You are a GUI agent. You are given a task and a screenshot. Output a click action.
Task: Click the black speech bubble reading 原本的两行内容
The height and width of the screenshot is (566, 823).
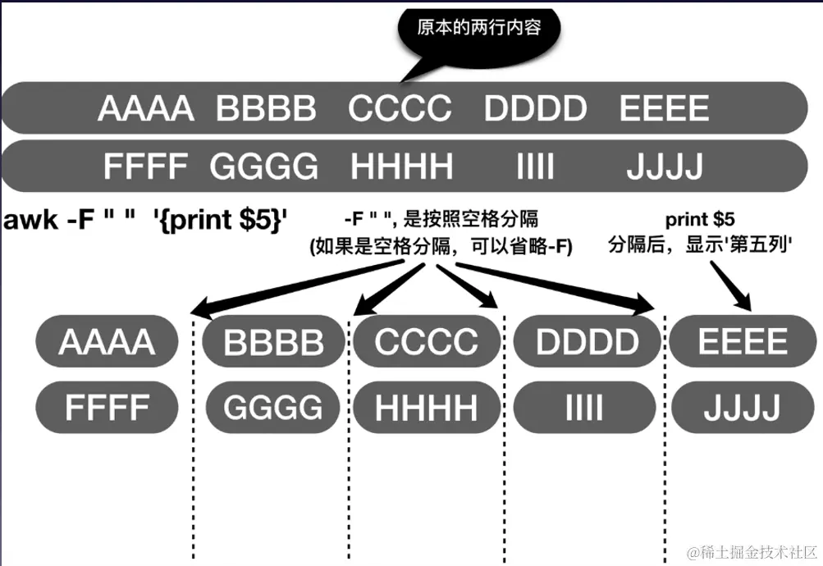point(479,30)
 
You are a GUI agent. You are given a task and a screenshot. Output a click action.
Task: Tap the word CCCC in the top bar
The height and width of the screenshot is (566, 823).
point(400,108)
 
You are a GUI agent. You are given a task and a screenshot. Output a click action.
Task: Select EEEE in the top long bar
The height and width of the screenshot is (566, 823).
point(664,108)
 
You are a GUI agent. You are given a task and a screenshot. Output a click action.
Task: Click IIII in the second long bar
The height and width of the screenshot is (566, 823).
point(535,167)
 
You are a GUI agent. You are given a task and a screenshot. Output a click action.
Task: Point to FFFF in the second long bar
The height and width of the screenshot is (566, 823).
point(145,167)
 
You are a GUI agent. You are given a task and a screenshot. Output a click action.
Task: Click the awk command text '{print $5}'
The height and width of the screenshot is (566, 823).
point(221,220)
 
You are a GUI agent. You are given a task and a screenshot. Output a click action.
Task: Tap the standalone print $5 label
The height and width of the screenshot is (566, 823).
point(700,219)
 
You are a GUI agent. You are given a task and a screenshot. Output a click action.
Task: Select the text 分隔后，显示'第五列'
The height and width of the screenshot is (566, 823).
point(700,244)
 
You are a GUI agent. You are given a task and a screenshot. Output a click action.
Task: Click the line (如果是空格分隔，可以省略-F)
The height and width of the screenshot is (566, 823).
point(441,246)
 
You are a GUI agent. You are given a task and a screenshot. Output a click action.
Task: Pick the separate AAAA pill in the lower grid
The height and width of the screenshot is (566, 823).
point(107,341)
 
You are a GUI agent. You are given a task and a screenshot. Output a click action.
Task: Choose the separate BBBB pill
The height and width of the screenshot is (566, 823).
point(273,341)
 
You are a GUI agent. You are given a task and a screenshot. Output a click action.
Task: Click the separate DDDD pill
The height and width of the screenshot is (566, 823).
point(587,341)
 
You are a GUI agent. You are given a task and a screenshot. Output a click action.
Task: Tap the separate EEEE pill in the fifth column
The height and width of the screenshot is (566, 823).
point(743,341)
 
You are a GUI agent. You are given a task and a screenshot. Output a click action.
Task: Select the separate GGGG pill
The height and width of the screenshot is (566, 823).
point(273,408)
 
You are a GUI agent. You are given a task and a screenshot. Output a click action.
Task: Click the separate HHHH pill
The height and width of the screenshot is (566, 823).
point(426,408)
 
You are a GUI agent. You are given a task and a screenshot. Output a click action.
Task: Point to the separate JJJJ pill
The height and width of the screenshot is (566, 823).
point(742,408)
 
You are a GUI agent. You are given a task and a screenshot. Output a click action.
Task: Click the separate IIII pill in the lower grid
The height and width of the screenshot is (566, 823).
point(584,408)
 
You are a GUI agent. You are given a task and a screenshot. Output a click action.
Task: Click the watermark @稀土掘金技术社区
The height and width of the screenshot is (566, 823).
point(752,552)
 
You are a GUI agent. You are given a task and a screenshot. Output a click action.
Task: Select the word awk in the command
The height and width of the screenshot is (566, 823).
point(30,220)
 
